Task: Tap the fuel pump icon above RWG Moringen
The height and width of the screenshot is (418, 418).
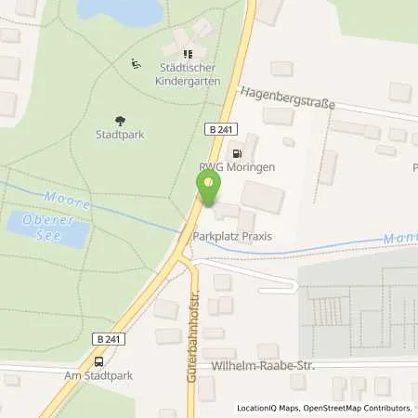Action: tap(238, 153)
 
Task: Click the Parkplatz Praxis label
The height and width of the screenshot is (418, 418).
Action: tap(232, 237)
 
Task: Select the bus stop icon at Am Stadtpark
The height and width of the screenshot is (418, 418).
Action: tap(99, 360)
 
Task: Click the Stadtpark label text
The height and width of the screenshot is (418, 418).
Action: tap(119, 134)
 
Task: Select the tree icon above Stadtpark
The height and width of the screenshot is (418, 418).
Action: tap(119, 119)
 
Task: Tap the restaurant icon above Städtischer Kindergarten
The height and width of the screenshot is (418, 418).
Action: tap(189, 55)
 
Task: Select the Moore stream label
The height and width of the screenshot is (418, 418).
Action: tap(68, 200)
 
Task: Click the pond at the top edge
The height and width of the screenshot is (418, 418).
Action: tap(121, 10)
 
